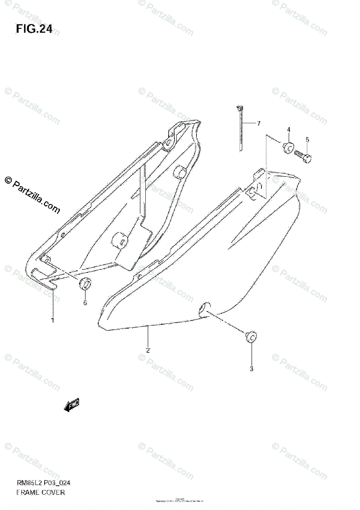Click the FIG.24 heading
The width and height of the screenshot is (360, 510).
point(34,29)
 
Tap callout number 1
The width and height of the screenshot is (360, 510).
point(53,320)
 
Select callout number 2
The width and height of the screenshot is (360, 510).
point(147,350)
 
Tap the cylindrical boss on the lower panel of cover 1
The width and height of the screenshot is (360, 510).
point(120,241)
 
